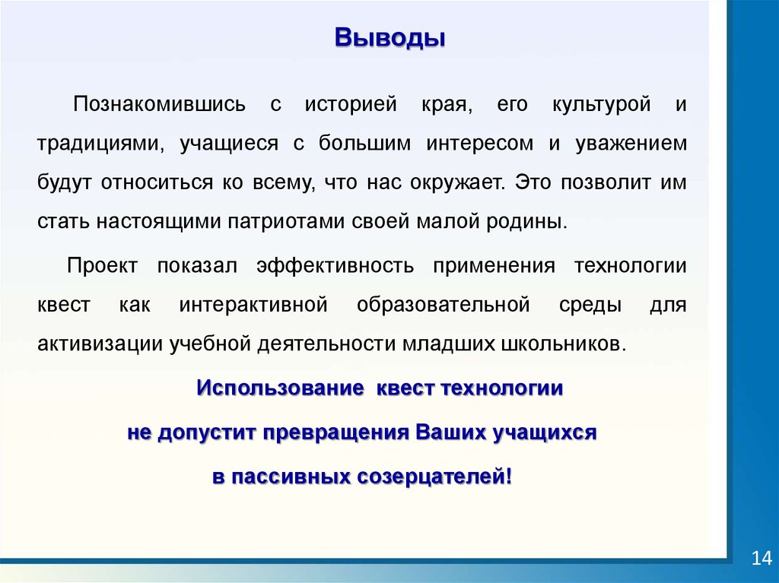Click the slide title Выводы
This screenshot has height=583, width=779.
(x=389, y=38)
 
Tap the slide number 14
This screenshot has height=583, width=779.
(x=761, y=558)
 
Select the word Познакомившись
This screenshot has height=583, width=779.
(x=160, y=104)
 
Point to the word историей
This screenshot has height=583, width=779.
(x=351, y=105)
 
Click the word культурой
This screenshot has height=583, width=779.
(x=602, y=105)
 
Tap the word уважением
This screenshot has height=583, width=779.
(x=631, y=144)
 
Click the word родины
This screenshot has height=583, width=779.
(x=526, y=221)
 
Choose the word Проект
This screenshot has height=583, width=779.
(x=102, y=266)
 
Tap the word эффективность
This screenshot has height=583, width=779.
(x=335, y=266)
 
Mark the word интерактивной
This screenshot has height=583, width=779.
(x=253, y=304)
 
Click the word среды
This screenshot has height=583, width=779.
(x=590, y=305)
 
